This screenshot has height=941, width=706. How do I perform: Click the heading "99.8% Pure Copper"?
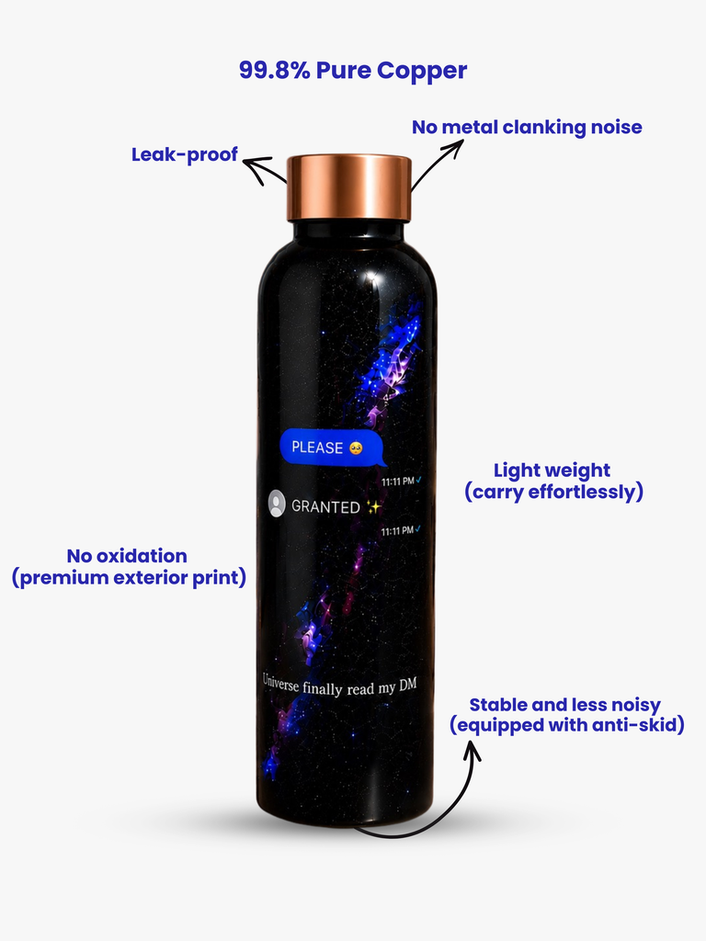click(353, 70)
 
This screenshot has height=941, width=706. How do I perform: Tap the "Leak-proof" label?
click(185, 154)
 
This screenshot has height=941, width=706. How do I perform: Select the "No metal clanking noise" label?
click(527, 127)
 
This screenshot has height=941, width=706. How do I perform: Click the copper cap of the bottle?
click(348, 187)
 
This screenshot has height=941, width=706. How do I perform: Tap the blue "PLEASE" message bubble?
click(333, 448)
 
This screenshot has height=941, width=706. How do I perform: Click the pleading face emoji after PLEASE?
click(356, 448)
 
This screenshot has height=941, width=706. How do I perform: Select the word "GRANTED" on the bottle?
click(325, 507)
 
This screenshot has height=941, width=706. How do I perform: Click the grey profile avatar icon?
click(276, 504)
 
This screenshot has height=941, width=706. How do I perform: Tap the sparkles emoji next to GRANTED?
click(374, 507)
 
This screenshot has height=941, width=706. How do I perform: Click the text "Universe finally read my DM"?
click(340, 686)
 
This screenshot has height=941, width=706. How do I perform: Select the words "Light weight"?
click(552, 470)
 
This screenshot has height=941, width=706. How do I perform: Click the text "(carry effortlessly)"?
click(553, 492)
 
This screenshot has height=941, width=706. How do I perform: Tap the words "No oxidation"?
click(127, 556)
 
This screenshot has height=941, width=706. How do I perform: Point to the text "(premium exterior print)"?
click(129, 577)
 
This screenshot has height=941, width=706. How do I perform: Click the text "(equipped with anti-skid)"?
click(567, 725)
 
